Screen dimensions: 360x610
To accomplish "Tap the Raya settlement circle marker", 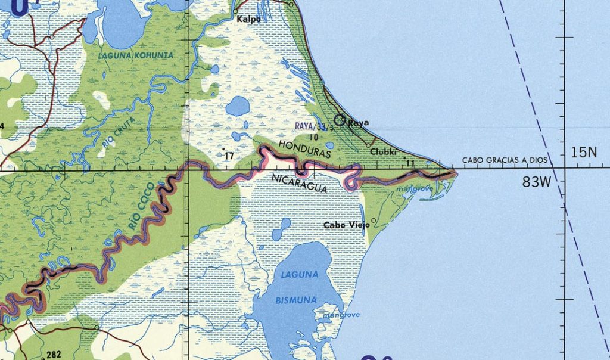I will [x=340, y=120].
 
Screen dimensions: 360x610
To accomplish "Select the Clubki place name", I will [x=382, y=151].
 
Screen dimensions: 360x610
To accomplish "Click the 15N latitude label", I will [x=583, y=153].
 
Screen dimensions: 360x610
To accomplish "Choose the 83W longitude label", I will [x=536, y=183].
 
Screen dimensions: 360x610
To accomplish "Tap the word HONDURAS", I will [x=304, y=149].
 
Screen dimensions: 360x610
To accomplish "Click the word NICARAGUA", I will [x=299, y=183].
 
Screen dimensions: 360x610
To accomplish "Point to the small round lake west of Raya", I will [x=238, y=106].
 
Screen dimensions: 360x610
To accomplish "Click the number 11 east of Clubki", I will [x=409, y=163].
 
